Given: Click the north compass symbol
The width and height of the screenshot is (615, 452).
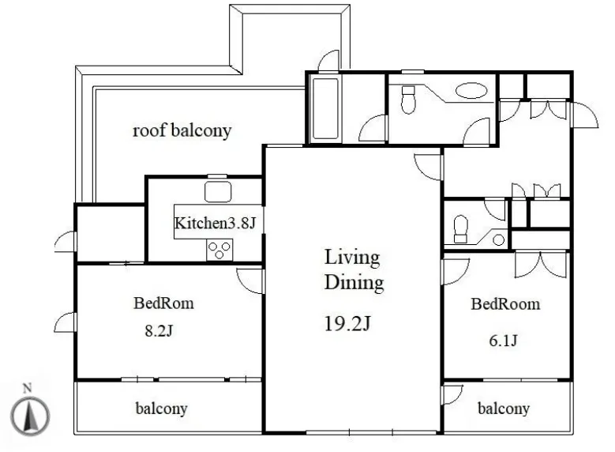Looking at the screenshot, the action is pos(30,416).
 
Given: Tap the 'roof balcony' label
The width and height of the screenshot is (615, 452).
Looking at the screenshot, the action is pos(182,130).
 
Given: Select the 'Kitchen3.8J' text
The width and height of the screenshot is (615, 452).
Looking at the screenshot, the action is pos(215,223).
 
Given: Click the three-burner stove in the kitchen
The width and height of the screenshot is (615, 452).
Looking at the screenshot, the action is pos(219,250).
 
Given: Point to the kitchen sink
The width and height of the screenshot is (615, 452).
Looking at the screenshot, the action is pos(218,192).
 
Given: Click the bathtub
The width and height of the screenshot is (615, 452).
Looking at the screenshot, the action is pos(325,108).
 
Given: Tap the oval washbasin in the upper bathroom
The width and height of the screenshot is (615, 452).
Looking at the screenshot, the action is pos(472,90).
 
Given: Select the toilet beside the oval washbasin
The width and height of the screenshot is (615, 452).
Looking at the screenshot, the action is pos(408,100).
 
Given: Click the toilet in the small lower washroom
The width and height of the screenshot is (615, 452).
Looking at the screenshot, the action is pos(461,229).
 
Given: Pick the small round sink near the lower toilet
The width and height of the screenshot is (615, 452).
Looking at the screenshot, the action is pos(498,239).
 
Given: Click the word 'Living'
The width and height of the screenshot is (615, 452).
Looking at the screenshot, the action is pos(352,258).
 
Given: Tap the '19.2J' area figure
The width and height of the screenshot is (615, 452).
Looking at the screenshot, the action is pos(347,323).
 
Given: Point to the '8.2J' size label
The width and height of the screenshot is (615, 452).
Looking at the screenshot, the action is pos(159,330).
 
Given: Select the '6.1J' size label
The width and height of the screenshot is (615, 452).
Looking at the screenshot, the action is pos(503,340).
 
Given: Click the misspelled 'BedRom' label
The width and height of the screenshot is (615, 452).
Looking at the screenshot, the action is pos(163,303).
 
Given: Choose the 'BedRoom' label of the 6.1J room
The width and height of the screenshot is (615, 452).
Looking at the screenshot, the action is pos(505,304).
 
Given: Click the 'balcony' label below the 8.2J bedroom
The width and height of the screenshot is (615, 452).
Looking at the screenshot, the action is pos(161,409).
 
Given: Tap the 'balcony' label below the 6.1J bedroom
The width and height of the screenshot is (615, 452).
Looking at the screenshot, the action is pos(504,409).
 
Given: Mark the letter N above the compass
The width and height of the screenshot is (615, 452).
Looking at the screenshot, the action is pos(27,388).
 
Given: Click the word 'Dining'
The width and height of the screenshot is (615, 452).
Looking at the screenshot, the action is pos(354,283).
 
